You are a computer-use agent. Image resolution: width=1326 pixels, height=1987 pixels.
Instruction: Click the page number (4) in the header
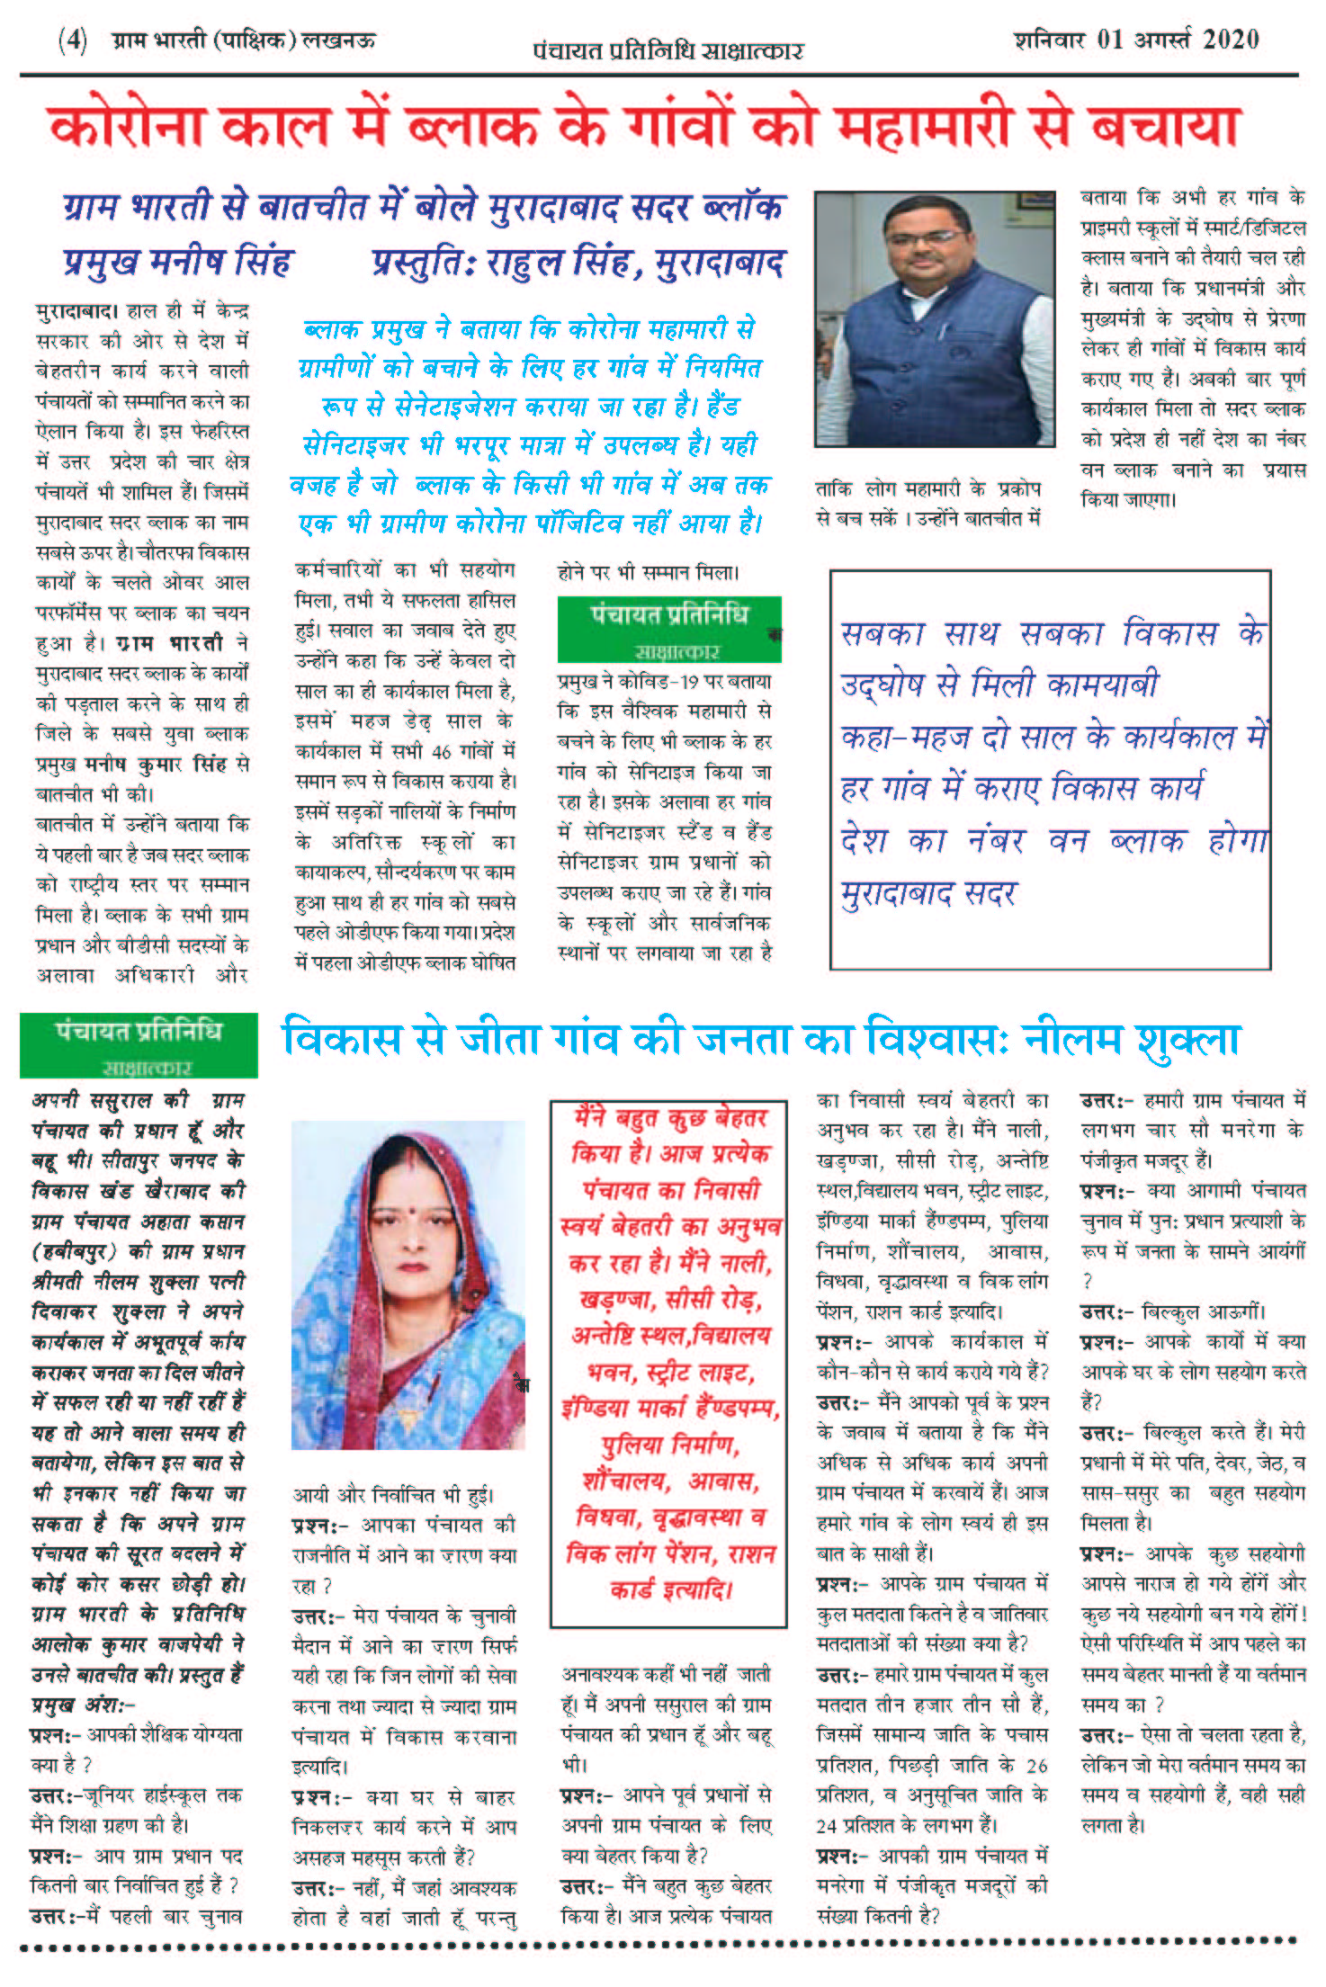coord(72,40)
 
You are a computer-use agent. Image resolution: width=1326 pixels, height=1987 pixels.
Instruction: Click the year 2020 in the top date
coord(1230,40)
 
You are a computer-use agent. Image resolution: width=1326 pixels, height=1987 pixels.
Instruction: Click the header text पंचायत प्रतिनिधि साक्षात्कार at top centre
coord(667,50)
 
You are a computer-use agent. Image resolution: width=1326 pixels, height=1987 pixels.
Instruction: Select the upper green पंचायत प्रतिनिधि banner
coord(668,628)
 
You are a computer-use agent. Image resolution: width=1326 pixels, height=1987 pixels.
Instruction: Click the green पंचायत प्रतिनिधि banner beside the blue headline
coord(139,1044)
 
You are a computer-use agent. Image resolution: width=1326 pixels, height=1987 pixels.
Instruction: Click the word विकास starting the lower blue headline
coord(341,1041)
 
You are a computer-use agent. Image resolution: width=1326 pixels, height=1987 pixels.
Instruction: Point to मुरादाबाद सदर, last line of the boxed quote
coord(927,894)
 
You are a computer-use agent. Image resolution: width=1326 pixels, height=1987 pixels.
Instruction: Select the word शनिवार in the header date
coord(1048,40)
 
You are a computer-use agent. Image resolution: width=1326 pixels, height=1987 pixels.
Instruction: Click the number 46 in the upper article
coord(441,751)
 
